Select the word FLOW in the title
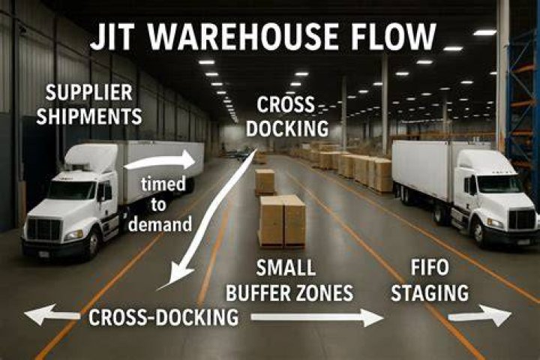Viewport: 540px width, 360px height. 391,36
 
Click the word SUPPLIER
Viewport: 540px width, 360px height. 89,92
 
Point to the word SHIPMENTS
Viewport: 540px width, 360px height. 89,116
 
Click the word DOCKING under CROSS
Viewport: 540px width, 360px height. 287,128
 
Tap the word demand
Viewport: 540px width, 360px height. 160,224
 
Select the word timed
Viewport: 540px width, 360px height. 163,184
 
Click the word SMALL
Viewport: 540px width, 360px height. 286,267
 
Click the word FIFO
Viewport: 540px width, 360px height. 430,267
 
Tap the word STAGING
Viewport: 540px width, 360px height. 430,292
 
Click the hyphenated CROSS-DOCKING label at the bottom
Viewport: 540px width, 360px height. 163,316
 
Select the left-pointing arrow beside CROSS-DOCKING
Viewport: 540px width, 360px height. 52,314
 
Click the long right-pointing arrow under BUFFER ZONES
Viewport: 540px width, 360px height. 316,317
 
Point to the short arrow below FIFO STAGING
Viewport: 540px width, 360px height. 479,316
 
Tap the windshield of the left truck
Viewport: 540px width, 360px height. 72,190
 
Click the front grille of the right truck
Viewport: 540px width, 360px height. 522,220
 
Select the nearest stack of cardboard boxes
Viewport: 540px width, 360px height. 283,221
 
